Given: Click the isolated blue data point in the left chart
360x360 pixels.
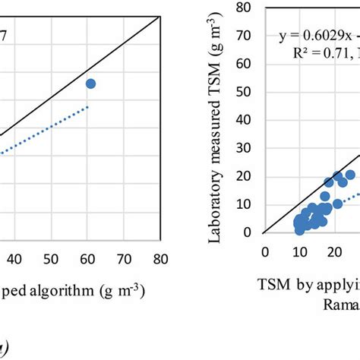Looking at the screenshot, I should [x=90, y=84].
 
